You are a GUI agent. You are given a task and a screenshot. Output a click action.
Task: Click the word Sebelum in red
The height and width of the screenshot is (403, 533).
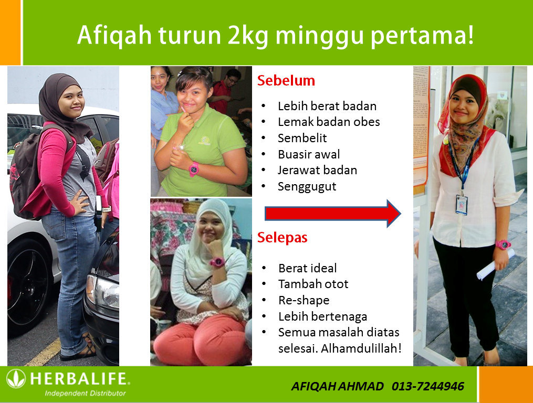[x=286, y=80]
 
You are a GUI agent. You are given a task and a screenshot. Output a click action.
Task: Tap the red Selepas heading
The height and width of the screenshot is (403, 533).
[x=282, y=238]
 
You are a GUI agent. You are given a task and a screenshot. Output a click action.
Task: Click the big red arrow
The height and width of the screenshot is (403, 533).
[x=333, y=214]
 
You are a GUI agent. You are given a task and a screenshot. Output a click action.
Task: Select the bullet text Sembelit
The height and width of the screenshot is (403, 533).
[x=302, y=138]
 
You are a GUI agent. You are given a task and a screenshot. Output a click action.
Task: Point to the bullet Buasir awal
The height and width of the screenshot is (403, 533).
[x=309, y=154]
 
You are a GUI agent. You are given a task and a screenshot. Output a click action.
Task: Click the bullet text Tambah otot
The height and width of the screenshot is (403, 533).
[x=313, y=284]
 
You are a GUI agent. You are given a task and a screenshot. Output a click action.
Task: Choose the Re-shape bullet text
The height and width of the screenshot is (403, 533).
[x=304, y=300]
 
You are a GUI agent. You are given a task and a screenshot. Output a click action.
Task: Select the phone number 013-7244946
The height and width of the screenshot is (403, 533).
[x=427, y=386]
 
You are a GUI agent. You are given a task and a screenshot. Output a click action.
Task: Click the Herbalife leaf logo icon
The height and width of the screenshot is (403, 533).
[x=16, y=378]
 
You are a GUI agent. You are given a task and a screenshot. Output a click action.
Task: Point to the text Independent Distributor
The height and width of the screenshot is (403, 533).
[x=85, y=393]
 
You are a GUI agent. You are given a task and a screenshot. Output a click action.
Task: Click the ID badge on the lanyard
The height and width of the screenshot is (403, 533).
[x=462, y=205]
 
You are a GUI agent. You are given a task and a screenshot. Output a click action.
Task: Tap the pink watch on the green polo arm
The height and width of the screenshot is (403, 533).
[x=193, y=169]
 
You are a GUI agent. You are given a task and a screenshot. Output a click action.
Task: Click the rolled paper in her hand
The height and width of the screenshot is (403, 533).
[x=495, y=264]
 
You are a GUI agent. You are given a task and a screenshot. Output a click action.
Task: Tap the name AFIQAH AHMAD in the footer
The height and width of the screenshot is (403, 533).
[x=338, y=386]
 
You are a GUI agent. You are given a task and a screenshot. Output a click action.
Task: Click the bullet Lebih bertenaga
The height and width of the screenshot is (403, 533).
[x=322, y=316]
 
